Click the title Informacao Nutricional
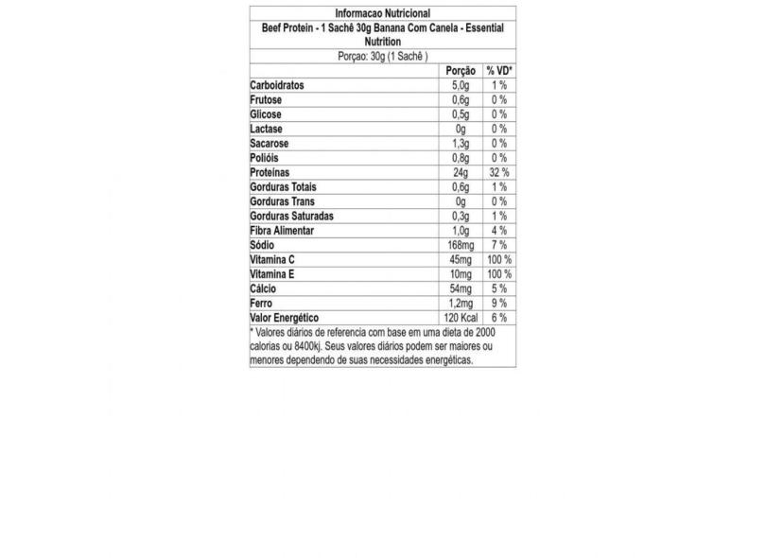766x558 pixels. tap(383, 13)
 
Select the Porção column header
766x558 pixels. tap(461, 71)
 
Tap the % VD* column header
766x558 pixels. tap(498, 71)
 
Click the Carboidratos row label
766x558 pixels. tap(282, 85)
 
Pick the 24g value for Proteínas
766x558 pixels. tap(461, 173)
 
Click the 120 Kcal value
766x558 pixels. tap(461, 318)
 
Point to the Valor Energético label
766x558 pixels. tap(286, 318)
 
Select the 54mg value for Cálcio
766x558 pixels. tap(461, 288)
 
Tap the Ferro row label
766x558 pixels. tap(262, 304)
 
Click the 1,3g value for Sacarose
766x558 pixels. tap(461, 144)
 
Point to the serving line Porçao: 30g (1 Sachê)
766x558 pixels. tap(383, 56)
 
